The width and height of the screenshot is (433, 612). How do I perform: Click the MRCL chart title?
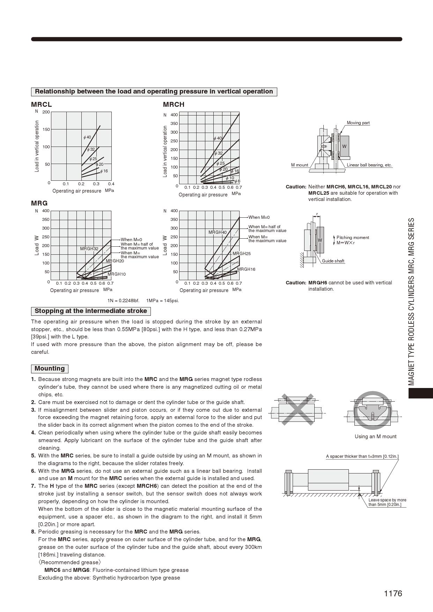[x=41, y=104]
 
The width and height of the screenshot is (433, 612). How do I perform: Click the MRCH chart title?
[x=174, y=104]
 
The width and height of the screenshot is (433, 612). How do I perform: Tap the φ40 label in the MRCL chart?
[x=87, y=137]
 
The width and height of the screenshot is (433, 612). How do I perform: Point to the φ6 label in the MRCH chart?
[x=237, y=181]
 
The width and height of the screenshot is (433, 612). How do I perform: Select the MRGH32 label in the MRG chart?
[x=89, y=249]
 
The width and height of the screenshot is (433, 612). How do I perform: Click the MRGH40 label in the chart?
[x=218, y=232]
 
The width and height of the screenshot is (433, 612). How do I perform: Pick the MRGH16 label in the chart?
[x=247, y=269]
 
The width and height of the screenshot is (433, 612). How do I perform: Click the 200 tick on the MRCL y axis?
[x=46, y=112]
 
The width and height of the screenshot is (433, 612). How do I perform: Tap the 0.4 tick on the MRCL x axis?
[x=111, y=184]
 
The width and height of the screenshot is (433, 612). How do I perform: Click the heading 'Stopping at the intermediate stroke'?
[x=91, y=311]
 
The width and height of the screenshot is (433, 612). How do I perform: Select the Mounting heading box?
[x=50, y=369]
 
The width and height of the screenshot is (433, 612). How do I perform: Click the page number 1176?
[x=393, y=594]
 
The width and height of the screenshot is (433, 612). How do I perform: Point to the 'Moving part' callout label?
[x=358, y=123]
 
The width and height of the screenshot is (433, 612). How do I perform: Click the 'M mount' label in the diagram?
[x=300, y=165]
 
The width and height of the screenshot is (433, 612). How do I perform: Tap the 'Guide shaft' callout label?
[x=333, y=261]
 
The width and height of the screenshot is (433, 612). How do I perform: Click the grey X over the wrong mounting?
[x=297, y=409]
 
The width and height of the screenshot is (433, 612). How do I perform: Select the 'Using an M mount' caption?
[x=375, y=436]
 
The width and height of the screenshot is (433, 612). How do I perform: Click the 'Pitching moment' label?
[x=353, y=238]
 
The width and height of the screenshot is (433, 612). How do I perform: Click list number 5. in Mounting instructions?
[x=34, y=456]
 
